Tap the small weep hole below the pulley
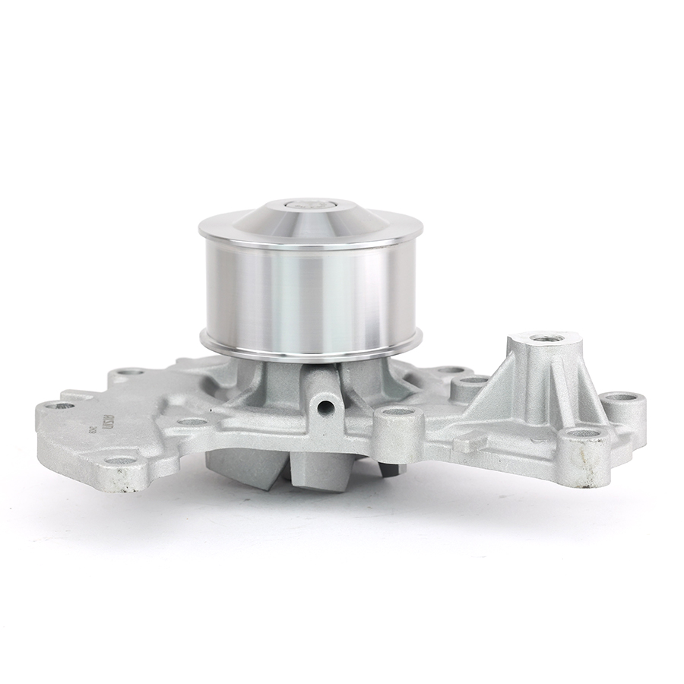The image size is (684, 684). pos(328,406)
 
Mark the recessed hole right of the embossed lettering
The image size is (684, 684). pos(192,421)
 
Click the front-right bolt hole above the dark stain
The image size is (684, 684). pos(584,433)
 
